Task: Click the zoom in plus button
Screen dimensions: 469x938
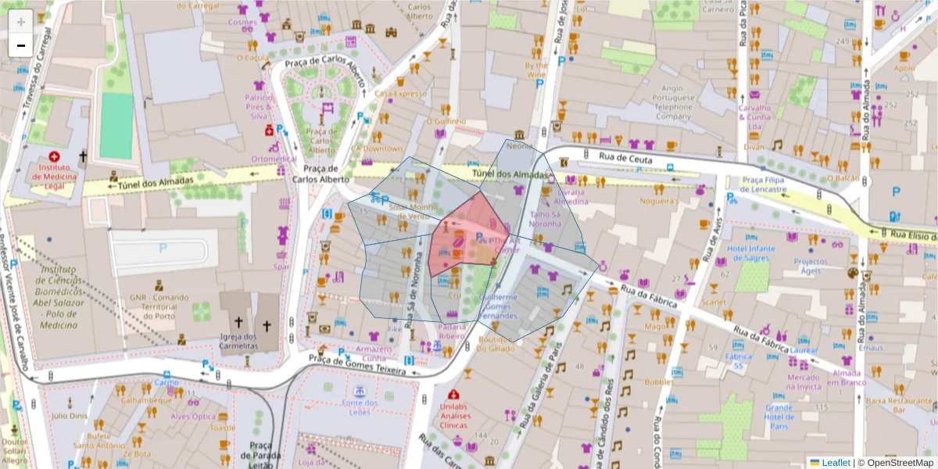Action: point(21,21)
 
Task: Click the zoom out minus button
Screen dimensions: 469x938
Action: point(21,45)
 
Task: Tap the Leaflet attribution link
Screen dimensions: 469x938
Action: point(835,463)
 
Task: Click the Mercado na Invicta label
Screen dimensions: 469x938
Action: point(804,381)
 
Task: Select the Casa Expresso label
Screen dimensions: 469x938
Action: point(400,94)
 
